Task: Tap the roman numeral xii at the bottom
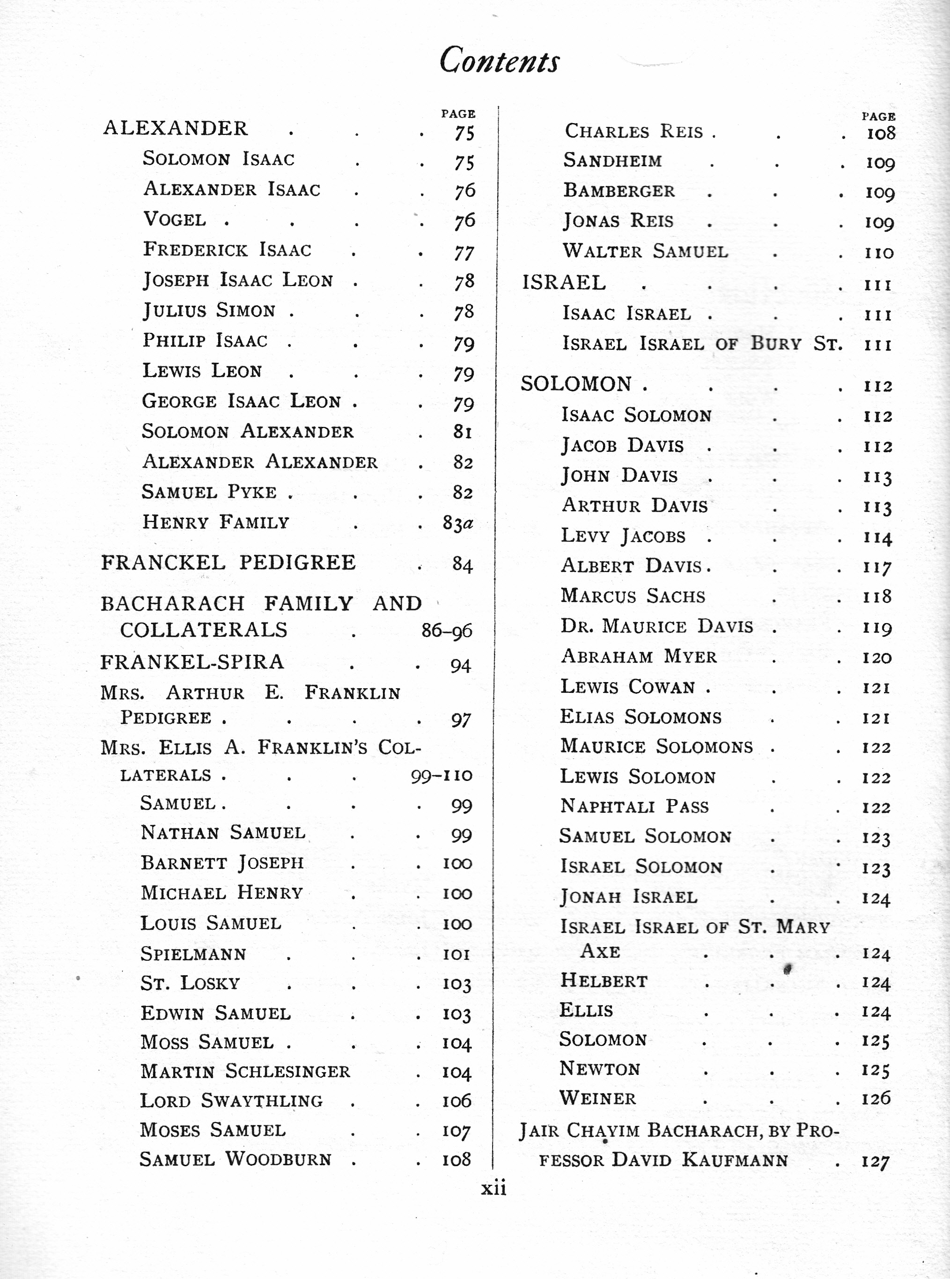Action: pos(493,1187)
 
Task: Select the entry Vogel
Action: pos(174,220)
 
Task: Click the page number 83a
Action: pos(458,523)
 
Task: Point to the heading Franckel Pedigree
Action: pos(228,562)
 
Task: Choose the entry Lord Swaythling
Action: pos(231,1100)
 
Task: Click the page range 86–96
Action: pos(446,631)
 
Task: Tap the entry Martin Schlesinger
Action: pos(245,1071)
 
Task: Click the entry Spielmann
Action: pos(193,954)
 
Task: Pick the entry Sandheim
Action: pos(612,161)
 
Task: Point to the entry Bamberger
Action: pos(619,190)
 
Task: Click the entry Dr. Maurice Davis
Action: pos(657,626)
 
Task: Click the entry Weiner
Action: pos(597,1098)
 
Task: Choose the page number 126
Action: pos(876,1098)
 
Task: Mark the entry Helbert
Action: pos(604,981)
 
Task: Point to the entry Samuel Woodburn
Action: pos(235,1159)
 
